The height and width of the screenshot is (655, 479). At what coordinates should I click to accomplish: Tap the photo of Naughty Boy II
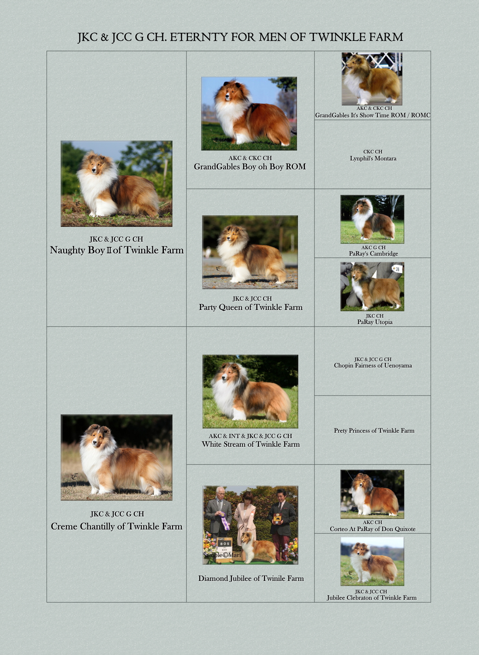(117, 184)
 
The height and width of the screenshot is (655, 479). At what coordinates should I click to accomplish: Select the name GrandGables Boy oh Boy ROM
(250, 166)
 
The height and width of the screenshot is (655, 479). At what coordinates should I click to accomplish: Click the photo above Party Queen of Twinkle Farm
(250, 252)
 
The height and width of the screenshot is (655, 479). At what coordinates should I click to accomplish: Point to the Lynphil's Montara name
(373, 158)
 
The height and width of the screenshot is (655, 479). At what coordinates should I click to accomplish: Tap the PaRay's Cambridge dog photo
(372, 219)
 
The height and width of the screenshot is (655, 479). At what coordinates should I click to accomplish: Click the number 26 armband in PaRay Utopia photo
(397, 269)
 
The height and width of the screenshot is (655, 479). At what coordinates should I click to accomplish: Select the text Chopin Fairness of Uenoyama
(373, 366)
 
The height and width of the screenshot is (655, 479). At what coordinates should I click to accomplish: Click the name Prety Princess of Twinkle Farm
(374, 431)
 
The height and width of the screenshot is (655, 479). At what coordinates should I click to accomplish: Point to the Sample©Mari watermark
(222, 555)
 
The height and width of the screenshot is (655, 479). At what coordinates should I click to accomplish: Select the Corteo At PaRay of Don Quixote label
(373, 529)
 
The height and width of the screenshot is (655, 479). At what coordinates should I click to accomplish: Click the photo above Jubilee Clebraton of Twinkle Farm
(372, 561)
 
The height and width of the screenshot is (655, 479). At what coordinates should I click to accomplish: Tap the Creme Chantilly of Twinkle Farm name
(117, 526)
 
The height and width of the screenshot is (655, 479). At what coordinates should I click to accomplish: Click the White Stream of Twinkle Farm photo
(250, 391)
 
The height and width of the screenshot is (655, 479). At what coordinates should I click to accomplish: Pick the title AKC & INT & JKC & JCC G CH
(250, 436)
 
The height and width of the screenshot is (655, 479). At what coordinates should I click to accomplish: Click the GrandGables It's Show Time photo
(372, 79)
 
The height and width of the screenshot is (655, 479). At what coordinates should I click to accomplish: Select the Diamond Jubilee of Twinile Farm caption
(251, 578)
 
